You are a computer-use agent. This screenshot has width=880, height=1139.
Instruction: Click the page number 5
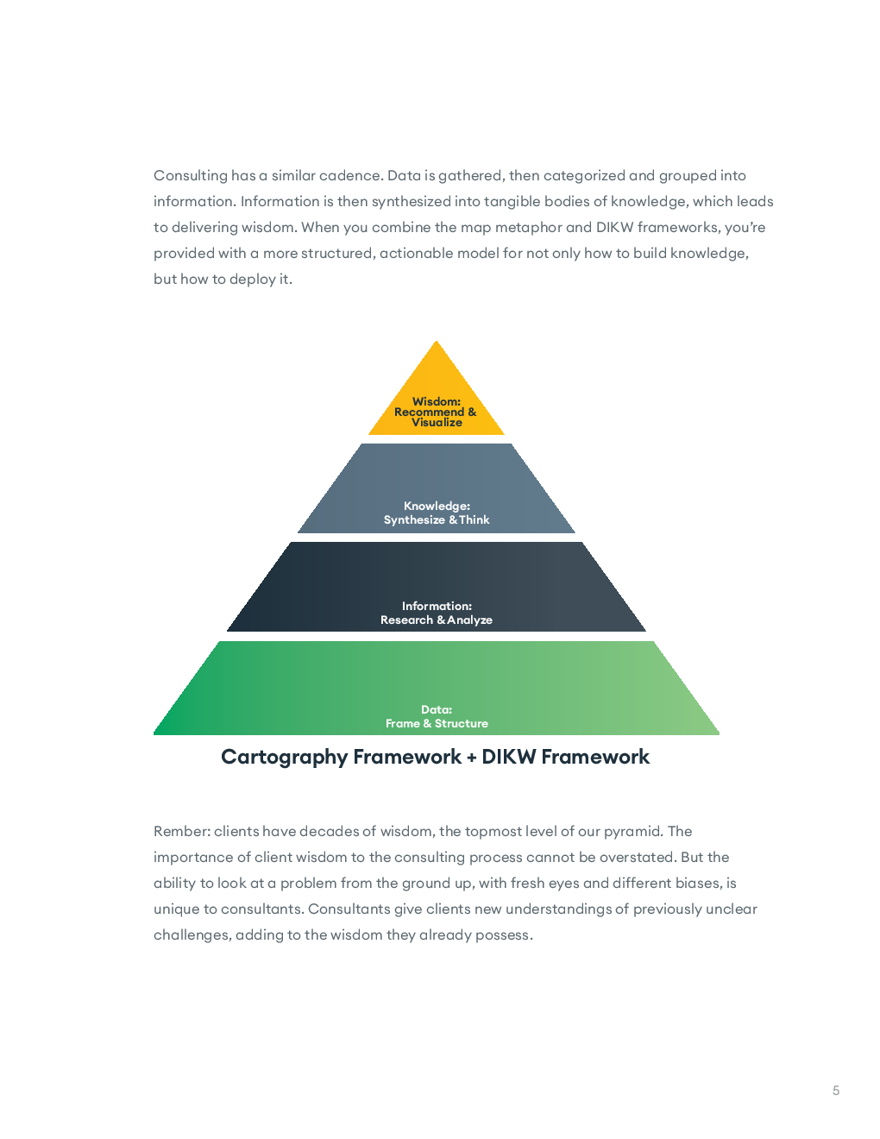point(835,1091)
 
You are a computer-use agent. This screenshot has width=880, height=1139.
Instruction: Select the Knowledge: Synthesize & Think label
point(436,513)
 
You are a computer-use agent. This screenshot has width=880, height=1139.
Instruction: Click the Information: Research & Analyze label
point(436,613)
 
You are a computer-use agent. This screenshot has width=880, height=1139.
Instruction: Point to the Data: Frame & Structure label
point(436,716)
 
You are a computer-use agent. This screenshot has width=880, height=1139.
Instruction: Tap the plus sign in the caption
point(471,758)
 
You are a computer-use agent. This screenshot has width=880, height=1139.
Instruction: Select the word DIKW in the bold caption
point(508,757)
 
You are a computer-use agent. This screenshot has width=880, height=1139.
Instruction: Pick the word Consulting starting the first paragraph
point(191,175)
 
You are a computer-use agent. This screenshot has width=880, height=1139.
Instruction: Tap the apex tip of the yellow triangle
point(436,341)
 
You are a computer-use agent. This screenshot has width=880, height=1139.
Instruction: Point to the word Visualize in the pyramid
point(437,423)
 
